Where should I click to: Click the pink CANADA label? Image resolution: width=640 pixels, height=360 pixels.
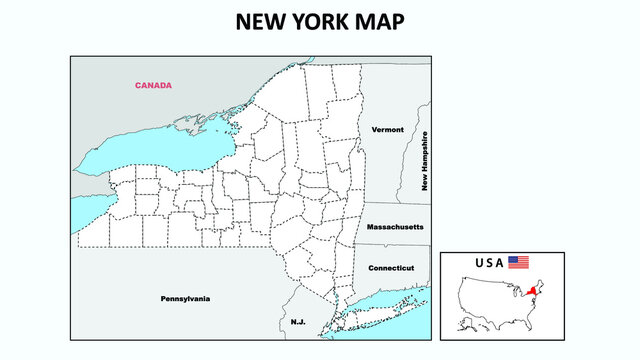(153, 85)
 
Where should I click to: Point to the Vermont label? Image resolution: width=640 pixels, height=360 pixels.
(387, 130)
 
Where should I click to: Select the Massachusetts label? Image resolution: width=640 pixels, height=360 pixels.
(395, 227)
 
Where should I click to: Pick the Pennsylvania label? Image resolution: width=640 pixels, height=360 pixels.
(186, 298)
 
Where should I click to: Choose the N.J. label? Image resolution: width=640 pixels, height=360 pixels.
(299, 322)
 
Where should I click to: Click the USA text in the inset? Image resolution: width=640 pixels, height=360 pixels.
(489, 263)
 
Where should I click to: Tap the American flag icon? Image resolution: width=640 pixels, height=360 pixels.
(518, 262)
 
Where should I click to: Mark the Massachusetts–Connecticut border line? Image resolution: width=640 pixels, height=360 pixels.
(395, 246)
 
